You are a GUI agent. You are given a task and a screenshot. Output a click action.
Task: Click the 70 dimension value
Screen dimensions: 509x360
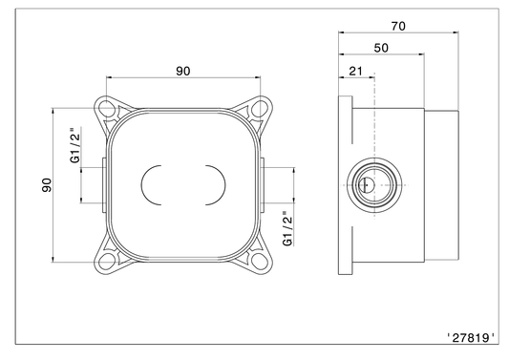click(398, 26)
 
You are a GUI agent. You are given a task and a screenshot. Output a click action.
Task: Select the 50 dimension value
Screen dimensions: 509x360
click(381, 48)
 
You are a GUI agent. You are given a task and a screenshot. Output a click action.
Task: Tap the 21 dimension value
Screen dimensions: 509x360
click(355, 71)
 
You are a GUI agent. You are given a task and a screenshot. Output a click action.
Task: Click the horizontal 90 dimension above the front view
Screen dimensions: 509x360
click(183, 71)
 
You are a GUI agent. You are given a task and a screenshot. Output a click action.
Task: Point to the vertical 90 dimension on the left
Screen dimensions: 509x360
click(47, 185)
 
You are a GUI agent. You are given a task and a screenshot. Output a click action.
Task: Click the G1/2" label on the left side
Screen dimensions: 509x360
click(75, 145)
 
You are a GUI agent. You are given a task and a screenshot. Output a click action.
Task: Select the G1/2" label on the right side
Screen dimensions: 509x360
click(287, 228)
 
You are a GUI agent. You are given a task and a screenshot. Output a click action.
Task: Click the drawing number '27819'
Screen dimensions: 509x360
click(471, 338)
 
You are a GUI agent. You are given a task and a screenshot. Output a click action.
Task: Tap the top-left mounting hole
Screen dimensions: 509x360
click(105, 108)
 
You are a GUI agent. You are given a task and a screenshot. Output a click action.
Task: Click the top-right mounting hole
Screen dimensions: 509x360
click(260, 108)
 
